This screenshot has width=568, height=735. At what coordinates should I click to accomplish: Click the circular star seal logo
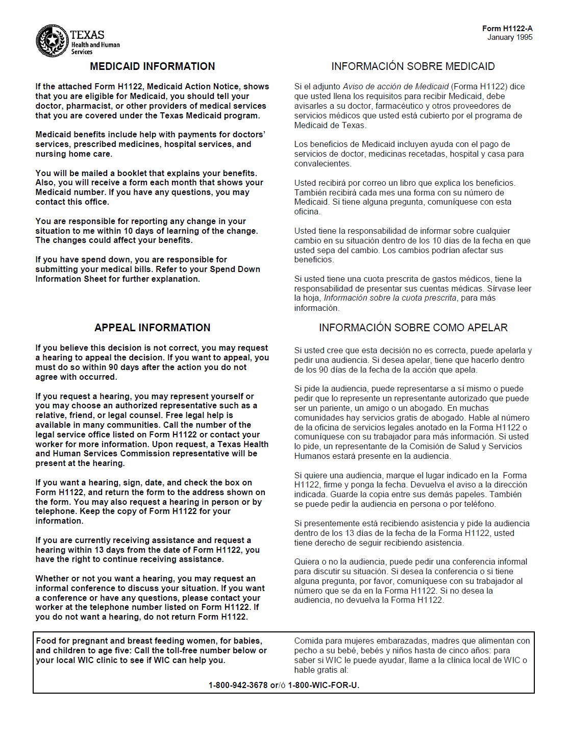[52, 41]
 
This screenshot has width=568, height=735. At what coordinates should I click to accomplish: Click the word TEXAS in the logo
[87, 35]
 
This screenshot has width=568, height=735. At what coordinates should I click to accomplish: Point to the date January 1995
[509, 37]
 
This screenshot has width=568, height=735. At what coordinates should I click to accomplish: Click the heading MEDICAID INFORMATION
[152, 66]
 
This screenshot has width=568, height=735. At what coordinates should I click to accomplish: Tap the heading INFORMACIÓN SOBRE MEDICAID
[413, 66]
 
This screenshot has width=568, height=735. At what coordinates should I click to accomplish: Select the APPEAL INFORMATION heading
[152, 328]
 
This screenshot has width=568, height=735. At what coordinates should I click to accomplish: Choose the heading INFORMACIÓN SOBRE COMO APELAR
[413, 328]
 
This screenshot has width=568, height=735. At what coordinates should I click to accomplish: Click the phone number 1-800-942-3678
[238, 685]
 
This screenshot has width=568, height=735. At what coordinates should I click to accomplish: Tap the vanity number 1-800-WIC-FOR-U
[323, 685]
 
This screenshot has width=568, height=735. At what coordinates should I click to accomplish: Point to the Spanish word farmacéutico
[401, 106]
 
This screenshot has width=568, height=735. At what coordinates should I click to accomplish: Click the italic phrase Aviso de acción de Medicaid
[396, 87]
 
